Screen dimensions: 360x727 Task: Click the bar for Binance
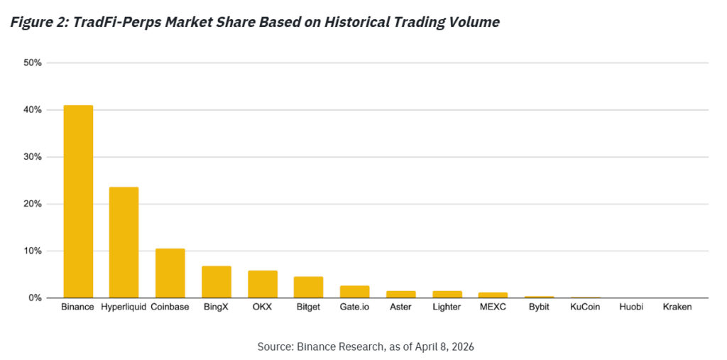tap(78, 202)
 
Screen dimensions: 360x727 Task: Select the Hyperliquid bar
tap(124, 242)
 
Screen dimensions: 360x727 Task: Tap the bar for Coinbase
tap(170, 273)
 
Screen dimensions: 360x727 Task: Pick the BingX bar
tap(217, 282)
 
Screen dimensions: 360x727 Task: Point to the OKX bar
tap(263, 284)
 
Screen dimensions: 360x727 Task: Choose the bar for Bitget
tap(309, 287)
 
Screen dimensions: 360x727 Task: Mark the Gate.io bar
tap(355, 292)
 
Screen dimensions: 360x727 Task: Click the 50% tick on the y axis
tap(33, 63)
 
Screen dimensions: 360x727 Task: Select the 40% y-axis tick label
tap(33, 110)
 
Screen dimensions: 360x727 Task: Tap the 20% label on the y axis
tap(33, 204)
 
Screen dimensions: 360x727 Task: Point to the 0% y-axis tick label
tap(35, 298)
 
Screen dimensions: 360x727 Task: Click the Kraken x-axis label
tap(677, 307)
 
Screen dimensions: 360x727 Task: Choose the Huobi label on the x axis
tap(631, 307)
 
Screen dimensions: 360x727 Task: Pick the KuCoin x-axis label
tap(586, 307)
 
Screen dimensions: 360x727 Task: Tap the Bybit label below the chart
tap(540, 307)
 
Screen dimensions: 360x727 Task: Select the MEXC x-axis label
tap(493, 307)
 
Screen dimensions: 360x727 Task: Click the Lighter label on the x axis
tap(447, 307)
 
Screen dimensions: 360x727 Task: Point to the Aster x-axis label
tap(401, 307)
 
